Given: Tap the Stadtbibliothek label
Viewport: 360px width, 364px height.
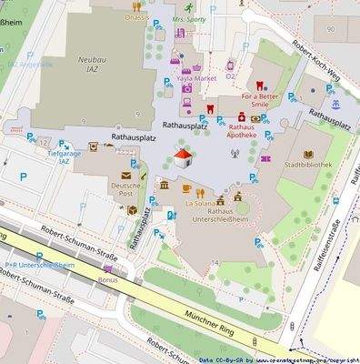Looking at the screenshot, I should [307, 165].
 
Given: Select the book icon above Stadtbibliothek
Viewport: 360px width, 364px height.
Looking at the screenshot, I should [307, 153].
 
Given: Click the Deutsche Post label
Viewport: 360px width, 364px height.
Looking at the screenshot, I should [126, 190].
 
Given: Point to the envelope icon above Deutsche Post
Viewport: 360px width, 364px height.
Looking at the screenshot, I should [126, 172].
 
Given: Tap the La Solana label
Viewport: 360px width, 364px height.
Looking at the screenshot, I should [198, 204].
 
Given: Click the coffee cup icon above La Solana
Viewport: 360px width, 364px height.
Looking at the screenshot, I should [186, 189].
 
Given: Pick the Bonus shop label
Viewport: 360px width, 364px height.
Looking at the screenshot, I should [108, 279].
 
